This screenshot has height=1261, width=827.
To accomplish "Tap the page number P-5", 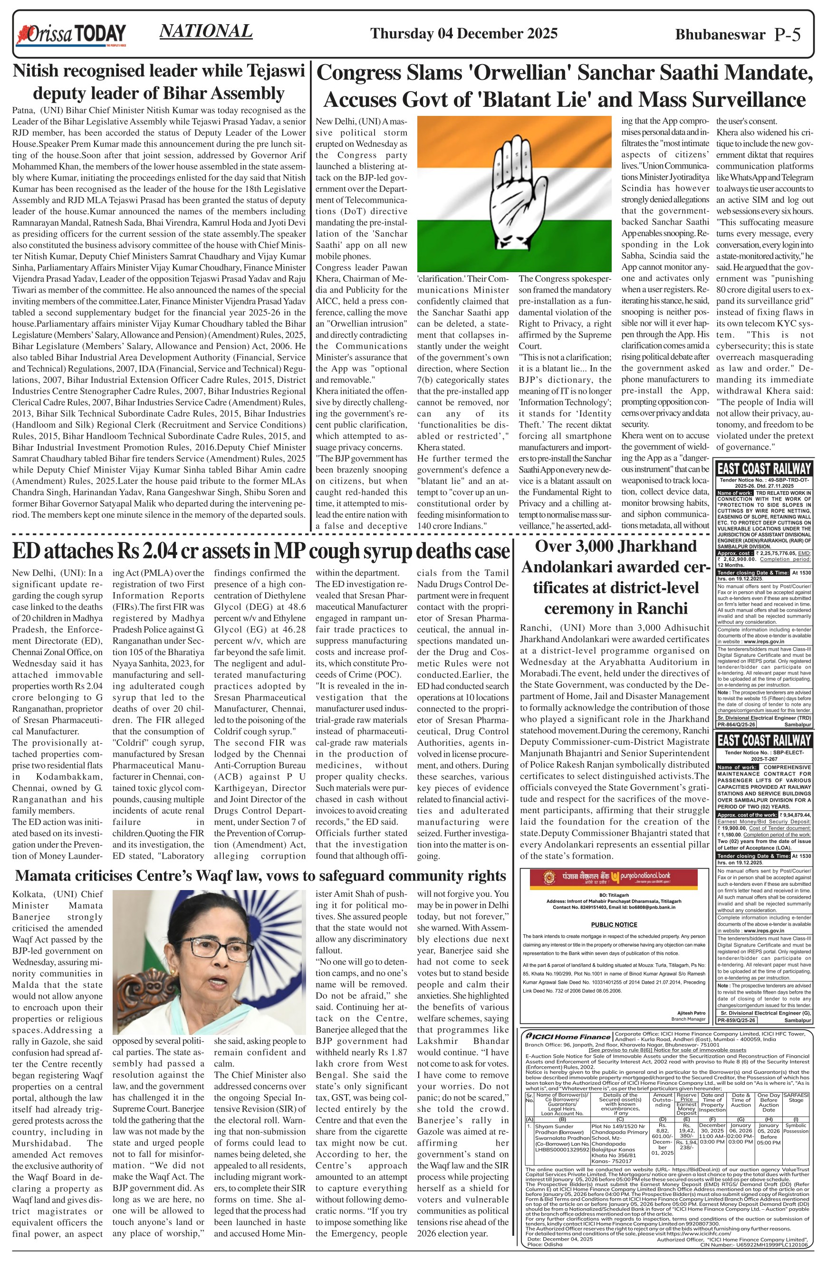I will coord(787,35).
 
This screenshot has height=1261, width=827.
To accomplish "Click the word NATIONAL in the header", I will coord(206,31).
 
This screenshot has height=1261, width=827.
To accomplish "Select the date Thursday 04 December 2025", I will coord(464,33).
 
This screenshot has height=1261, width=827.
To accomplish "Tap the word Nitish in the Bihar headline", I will coord(41,71).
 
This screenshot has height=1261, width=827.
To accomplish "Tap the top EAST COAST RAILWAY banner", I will coord(764,468).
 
